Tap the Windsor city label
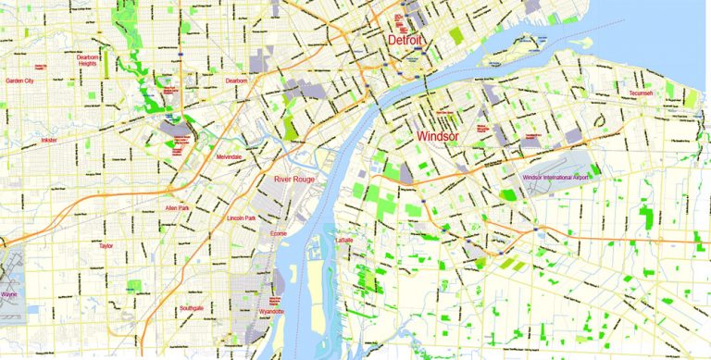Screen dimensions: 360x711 (x=438, y=136)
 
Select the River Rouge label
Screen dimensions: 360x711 (x=295, y=180)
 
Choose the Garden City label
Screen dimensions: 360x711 (x=19, y=81)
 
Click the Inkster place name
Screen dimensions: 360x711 (x=49, y=141)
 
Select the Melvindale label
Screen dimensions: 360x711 (x=229, y=157)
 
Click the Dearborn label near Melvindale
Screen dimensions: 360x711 (x=237, y=81)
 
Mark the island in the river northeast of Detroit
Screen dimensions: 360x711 (x=526, y=41)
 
